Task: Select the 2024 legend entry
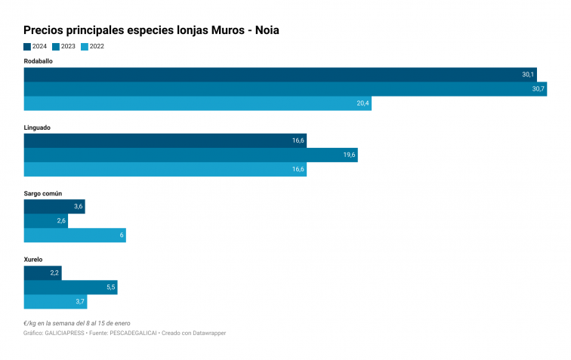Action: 35,47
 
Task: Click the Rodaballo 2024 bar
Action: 279,75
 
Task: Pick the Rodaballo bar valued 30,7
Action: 285,89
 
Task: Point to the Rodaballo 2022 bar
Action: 197,103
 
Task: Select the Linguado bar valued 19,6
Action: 190,155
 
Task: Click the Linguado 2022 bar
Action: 165,170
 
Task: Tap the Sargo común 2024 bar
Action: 54,207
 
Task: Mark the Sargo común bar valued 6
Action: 75,235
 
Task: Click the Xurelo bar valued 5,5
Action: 70,288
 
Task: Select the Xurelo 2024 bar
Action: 42,273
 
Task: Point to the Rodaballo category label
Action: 39,61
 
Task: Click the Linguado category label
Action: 37,128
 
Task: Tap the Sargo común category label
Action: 43,193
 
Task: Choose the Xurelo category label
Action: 33,260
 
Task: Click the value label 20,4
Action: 363,103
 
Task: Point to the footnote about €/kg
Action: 77,323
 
